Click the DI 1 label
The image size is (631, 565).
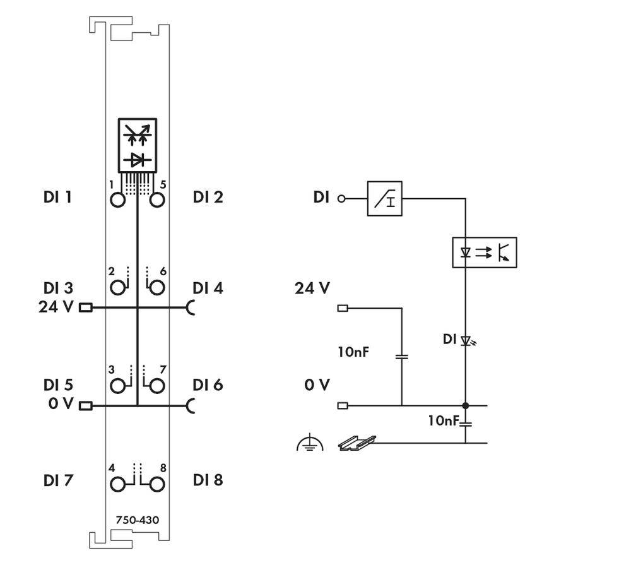click(x=57, y=197)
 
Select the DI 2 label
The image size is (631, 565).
click(x=208, y=197)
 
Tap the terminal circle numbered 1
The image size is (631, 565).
click(x=118, y=200)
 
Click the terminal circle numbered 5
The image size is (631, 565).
click(x=156, y=200)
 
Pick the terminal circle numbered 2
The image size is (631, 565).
click(x=118, y=288)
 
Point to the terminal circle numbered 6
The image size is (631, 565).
click(x=156, y=288)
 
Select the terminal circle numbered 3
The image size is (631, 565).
click(x=118, y=385)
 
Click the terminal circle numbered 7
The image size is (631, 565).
click(x=156, y=385)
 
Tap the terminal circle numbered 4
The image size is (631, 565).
click(x=118, y=484)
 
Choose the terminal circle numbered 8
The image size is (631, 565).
click(x=156, y=484)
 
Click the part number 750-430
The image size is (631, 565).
click(x=137, y=520)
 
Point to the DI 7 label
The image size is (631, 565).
click(x=57, y=480)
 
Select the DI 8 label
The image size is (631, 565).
click(x=208, y=480)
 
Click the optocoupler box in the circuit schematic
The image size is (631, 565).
click(x=485, y=253)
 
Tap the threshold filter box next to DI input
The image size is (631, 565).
click(x=384, y=199)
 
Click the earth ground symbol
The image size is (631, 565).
click(x=309, y=444)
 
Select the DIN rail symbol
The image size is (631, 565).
click(x=357, y=443)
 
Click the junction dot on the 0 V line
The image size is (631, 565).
click(x=466, y=405)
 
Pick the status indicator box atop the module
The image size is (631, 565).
click(x=137, y=144)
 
